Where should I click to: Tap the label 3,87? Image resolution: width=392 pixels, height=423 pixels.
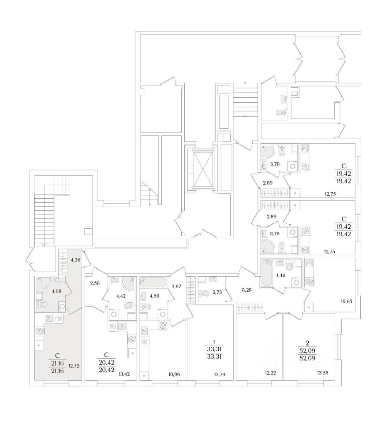coord(176,287)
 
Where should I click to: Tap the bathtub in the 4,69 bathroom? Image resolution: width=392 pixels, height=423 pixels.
coord(153,282)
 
